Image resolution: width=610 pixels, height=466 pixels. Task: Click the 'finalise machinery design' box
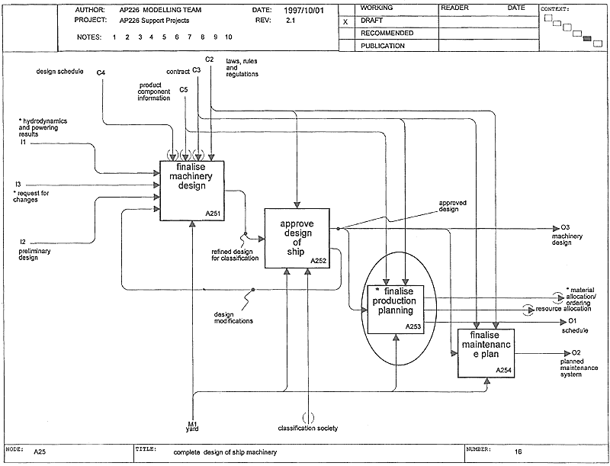(192, 191)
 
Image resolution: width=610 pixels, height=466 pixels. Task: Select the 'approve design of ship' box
(297, 238)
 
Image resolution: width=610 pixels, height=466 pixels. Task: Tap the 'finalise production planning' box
(396, 309)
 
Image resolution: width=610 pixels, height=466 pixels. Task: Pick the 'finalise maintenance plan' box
(486, 353)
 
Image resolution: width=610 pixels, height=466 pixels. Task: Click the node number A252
(318, 261)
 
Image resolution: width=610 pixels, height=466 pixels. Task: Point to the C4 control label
(101, 72)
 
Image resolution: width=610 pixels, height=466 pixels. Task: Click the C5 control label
(184, 90)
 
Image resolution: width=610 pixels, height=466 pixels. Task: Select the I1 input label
(23, 143)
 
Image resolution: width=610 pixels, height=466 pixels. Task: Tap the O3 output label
(565, 227)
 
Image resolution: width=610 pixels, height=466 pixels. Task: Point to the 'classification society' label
(308, 429)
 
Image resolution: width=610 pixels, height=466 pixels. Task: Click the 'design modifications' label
(233, 318)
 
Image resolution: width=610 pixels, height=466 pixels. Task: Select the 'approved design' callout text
(452, 206)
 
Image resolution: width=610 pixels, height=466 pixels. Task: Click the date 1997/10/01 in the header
(303, 11)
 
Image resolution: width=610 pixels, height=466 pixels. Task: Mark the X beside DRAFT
(345, 22)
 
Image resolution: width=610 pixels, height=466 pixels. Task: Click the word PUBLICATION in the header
(383, 46)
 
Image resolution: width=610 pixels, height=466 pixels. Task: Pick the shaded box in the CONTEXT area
(587, 38)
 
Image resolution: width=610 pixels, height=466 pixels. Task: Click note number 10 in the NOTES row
(228, 37)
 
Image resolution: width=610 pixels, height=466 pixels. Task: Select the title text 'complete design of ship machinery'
(225, 452)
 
